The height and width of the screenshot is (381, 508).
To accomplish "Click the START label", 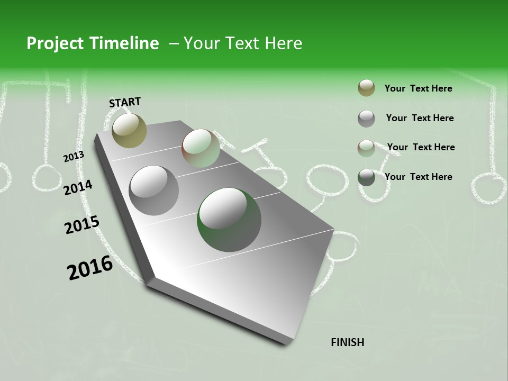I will click(125, 102).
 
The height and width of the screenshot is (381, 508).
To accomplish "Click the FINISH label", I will click(347, 342).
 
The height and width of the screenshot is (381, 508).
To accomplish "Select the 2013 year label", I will click(74, 157).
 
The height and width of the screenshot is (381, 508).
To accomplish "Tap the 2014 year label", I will click(78, 187).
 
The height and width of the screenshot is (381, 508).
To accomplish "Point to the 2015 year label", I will click(82, 225).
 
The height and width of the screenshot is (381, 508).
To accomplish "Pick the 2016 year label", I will click(90, 267).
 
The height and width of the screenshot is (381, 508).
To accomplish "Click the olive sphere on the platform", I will click(129, 130).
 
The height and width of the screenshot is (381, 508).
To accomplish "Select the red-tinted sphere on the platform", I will click(201, 149).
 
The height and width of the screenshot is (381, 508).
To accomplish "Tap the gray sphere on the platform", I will click(153, 190).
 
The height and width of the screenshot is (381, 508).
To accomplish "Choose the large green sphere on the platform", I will click(229, 220).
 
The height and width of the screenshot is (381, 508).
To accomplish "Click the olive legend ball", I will click(366, 88).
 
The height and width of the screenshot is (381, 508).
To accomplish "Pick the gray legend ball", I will click(366, 118).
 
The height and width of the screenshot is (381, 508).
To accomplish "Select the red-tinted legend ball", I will click(366, 148).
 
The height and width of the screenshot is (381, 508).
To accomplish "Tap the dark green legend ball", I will click(366, 177).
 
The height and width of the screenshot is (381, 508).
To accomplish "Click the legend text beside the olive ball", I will click(418, 88).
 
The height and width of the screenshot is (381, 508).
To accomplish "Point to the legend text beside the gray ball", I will click(420, 118).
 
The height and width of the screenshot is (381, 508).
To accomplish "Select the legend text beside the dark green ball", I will click(418, 177).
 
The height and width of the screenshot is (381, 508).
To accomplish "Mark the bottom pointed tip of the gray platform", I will click(286, 343).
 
